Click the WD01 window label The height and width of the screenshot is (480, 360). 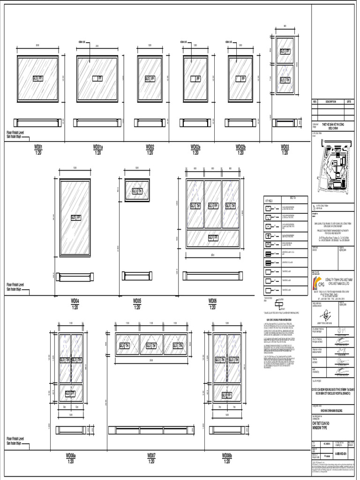click(38, 147)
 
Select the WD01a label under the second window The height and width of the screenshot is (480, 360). click(98, 147)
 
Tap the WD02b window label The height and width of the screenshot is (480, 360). click(240, 147)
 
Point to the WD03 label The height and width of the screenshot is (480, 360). click(285, 147)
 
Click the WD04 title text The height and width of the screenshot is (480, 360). click(75, 300)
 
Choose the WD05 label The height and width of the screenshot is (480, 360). click(137, 300)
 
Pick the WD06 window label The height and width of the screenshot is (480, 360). click(212, 300)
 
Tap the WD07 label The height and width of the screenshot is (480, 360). click(151, 455)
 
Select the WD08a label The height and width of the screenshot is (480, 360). click(71, 455)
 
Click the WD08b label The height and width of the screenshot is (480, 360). click(227, 455)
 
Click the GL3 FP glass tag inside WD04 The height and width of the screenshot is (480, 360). click(75, 217)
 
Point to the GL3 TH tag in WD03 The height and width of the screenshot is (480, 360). click(285, 80)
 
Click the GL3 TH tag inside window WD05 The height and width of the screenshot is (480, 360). click(136, 191)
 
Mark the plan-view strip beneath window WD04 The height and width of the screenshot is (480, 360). click(75, 277)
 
